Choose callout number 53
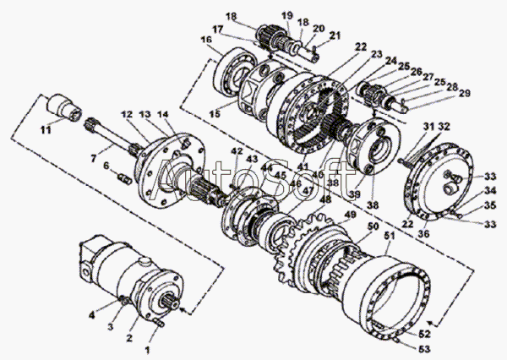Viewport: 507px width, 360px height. (426, 347)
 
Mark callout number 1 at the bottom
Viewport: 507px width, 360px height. (149, 347)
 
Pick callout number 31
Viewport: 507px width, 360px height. (428, 126)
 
